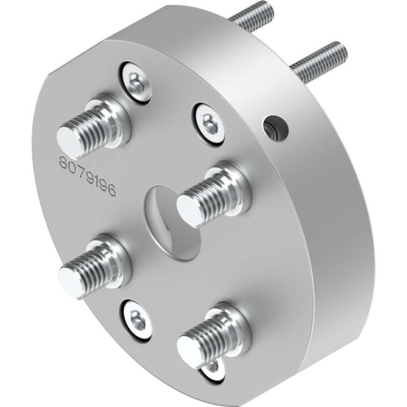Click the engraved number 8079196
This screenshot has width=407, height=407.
(87, 176)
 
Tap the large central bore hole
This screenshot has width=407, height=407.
(173, 223)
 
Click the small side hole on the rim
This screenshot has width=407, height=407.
(276, 128)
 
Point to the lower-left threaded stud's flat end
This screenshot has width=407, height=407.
(70, 282)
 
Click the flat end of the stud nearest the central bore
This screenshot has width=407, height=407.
(189, 210)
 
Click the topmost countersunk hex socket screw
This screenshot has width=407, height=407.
(136, 83)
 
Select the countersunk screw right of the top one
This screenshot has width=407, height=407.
(208, 123)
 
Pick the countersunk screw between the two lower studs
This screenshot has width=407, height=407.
(136, 319)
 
